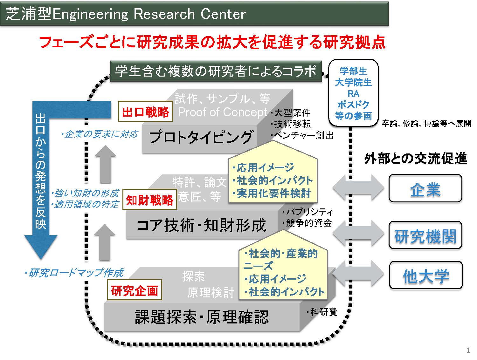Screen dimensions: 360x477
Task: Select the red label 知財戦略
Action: [x=149, y=200]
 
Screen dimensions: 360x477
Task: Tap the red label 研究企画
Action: [x=135, y=290]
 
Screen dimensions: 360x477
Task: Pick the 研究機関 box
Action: [x=425, y=235]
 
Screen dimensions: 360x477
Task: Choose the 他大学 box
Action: [x=426, y=275]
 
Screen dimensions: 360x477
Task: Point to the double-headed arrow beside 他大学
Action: [x=358, y=274]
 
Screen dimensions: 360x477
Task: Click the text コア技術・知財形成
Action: [x=201, y=225]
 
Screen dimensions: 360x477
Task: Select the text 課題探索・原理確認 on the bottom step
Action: [x=202, y=317]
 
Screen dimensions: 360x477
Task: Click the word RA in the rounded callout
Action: [x=353, y=94]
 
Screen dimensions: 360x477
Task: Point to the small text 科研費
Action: [x=322, y=312]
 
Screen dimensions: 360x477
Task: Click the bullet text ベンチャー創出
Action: [x=302, y=136]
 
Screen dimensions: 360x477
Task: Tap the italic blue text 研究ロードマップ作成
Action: [x=74, y=273]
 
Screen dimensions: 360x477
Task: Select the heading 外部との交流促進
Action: [x=416, y=158]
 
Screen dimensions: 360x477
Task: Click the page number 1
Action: [x=468, y=350]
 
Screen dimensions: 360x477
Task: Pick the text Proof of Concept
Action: [x=223, y=112]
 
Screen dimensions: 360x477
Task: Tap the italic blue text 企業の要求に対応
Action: [x=100, y=134]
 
